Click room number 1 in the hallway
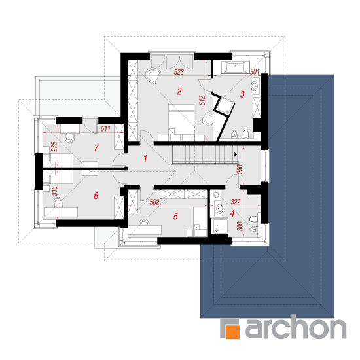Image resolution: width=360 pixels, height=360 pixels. coord(145,158)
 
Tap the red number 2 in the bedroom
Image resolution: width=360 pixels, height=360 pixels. coord(179,92)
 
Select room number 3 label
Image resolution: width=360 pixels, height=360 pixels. coord(242,94)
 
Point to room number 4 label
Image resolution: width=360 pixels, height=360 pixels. coord(232,213)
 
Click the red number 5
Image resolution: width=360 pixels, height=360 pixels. coord(175,216)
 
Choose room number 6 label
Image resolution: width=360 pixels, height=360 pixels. coord(96,196)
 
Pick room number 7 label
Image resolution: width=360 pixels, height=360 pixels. coord(96,148)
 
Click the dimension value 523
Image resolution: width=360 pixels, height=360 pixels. coord(179,72)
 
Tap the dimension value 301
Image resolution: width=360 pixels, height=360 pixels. coord(255,72)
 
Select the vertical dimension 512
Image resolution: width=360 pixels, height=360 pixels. coord(202,101)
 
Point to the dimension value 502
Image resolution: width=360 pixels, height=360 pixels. coord(154,202)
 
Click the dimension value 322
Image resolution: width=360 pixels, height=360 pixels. coord(236,202)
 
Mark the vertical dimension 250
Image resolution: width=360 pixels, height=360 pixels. coord(240,170)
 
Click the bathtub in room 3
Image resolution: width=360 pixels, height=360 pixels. coord(235,67)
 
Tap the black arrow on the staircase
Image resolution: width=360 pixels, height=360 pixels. coord(236,154)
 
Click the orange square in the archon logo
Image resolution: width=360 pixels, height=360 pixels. coord(233,332)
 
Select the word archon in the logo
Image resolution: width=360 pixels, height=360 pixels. coord(296,327)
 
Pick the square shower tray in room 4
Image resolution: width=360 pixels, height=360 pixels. coord(219,226)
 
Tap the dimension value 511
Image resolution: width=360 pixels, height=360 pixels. coord(105,128)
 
